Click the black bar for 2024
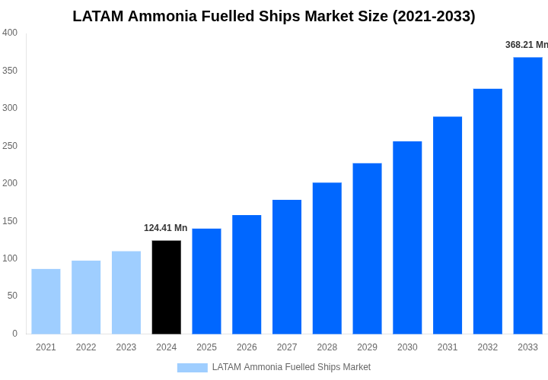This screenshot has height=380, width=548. pos(167,287)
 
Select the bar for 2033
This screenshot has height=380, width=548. pos(527,195)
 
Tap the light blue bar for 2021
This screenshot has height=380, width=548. pos(46,301)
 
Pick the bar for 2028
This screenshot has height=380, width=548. pos(327,258)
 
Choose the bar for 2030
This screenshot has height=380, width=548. pos(407,237)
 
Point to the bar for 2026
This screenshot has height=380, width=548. pos(247,274)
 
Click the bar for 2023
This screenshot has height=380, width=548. pos(126,293)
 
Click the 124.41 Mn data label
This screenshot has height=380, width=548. pos(165,228)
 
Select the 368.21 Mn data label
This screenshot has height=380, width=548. pos(526,45)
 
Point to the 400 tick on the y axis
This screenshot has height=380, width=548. pos(10,33)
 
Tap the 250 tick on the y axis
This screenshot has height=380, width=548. pos(10,146)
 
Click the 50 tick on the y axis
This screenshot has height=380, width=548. pos(12,296)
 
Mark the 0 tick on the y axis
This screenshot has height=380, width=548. pos(14,334)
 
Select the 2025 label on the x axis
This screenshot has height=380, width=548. pos(206,347)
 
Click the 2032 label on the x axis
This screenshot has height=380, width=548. pos(487,347)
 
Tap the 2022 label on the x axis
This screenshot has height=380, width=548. pos(86,347)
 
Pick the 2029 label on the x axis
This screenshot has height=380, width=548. pos(367,347)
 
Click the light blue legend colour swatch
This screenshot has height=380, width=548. pos(192,368)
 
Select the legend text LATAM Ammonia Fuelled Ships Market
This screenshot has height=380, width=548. pos(292,367)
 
